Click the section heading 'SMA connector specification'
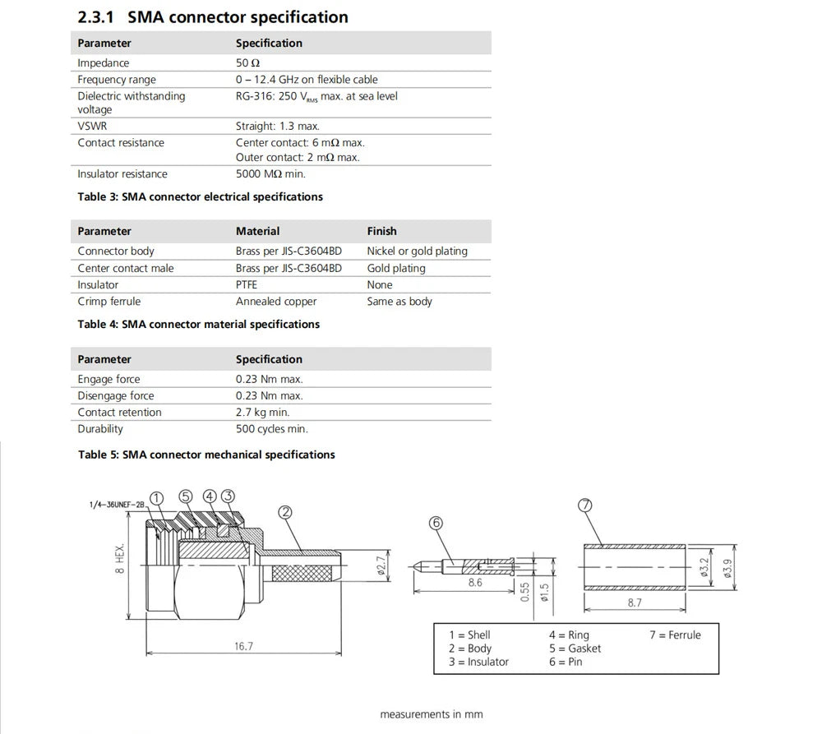tap(237, 17)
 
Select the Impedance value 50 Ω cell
tap(248, 63)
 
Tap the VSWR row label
tap(92, 127)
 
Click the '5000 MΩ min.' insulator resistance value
tap(270, 174)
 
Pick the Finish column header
tap(381, 232)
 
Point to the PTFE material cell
tap(247, 285)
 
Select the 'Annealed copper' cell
tap(276, 302)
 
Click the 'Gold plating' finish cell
tap(396, 269)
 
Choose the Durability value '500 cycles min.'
tap(272, 429)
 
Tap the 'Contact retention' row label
tap(119, 413)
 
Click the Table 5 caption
tap(206, 455)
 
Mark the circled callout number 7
tap(585, 506)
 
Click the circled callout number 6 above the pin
tap(436, 523)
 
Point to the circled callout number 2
tap(285, 512)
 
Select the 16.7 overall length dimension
tap(243, 646)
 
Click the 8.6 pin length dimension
tap(475, 582)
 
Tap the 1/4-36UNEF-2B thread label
tap(117, 505)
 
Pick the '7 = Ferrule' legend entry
tap(675, 635)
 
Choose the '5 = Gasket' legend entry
tap(575, 649)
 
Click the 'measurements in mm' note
tap(432, 714)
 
